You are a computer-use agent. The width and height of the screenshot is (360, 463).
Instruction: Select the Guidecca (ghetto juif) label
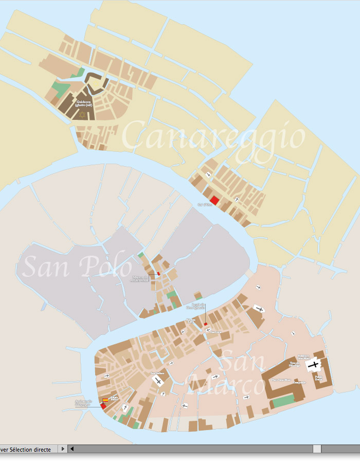[x=84, y=103]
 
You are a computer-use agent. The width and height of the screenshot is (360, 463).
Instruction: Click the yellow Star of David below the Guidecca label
[x=83, y=114]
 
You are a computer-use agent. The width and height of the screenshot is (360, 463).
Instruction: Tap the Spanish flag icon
[x=105, y=399]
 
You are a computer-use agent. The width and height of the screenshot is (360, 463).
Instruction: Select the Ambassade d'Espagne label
[x=83, y=403]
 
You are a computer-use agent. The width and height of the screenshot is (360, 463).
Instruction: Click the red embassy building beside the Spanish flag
[x=103, y=406]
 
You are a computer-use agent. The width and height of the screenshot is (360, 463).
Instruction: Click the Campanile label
[x=299, y=382]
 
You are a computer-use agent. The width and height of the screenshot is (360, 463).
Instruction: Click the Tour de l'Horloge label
[x=295, y=365]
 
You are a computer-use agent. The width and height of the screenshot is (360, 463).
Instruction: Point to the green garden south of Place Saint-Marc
[x=282, y=402]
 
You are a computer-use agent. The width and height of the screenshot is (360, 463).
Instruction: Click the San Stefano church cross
[x=158, y=381]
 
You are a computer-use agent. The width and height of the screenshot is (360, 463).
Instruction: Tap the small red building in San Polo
[x=158, y=274]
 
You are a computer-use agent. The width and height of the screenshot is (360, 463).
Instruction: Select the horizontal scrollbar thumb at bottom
[x=317, y=449]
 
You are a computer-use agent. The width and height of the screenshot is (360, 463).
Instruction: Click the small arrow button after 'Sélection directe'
[x=63, y=449]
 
